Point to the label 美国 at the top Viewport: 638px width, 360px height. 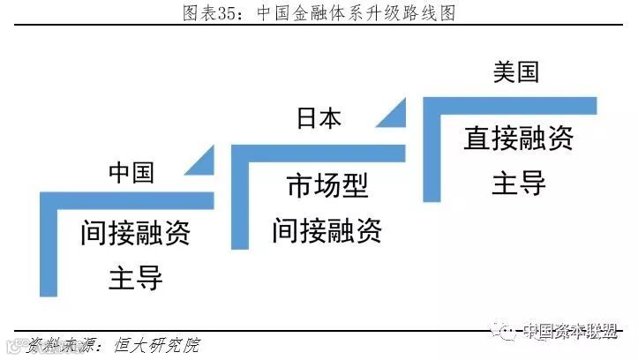[515, 72]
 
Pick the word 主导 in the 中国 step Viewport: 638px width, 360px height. [135, 278]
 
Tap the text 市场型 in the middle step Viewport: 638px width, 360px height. [327, 186]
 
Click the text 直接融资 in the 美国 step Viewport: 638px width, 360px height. [519, 138]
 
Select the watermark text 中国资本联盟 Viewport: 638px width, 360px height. [572, 331]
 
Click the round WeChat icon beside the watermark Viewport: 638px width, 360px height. [507, 331]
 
